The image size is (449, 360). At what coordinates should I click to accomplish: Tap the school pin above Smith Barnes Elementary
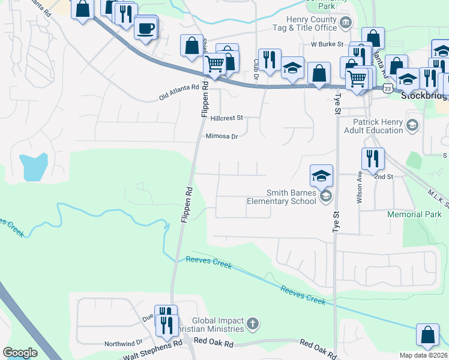pyautogui.click(x=321, y=176)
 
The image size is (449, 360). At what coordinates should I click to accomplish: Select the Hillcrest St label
pyautogui.click(x=226, y=118)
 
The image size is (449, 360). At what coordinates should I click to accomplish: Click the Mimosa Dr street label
pyautogui.click(x=222, y=136)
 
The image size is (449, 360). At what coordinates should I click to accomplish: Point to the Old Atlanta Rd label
pyautogui.click(x=178, y=92)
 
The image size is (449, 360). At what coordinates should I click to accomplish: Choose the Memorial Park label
pyautogui.click(x=414, y=214)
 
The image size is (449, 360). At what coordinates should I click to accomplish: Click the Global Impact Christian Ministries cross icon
pyautogui.click(x=253, y=324)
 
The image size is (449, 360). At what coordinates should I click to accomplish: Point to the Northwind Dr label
pyautogui.click(x=122, y=344)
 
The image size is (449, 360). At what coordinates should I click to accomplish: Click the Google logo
pyautogui.click(x=20, y=353)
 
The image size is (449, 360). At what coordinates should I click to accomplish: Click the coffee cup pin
pyautogui.click(x=145, y=28)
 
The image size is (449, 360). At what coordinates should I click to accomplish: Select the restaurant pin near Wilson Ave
pyautogui.click(x=373, y=158)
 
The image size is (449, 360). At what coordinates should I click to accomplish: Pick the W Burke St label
pyautogui.click(x=327, y=44)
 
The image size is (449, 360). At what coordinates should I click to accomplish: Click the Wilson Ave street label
pyautogui.click(x=360, y=188)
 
